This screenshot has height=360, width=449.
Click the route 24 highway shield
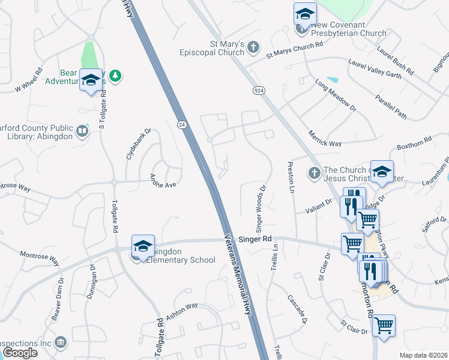(x=181, y=124)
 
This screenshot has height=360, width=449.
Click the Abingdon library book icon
(x=82, y=130)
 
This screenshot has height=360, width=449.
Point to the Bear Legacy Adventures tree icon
(x=115, y=75)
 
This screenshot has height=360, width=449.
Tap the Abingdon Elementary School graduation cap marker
(x=143, y=246)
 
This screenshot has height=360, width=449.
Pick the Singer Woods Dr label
(x=261, y=208)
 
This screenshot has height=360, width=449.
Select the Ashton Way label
(x=182, y=311)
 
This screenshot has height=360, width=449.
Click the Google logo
(x=20, y=353)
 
